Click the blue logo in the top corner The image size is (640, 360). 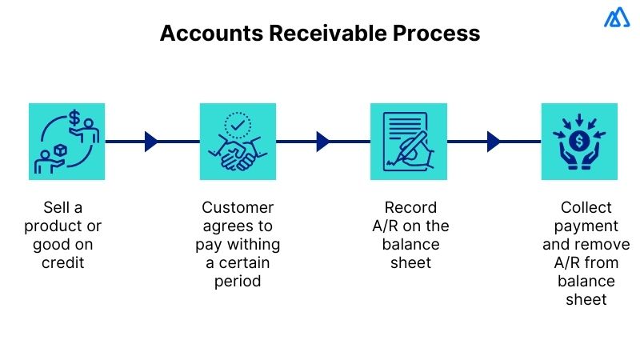pyautogui.click(x=617, y=18)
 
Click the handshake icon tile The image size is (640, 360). pyautogui.click(x=238, y=142)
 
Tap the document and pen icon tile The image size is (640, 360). pyautogui.click(x=409, y=142)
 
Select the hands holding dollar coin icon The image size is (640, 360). pyautogui.click(x=579, y=142)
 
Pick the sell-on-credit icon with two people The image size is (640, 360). pyautogui.click(x=67, y=142)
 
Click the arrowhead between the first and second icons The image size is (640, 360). pyautogui.click(x=151, y=142)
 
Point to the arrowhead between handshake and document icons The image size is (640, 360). pyautogui.click(x=322, y=142)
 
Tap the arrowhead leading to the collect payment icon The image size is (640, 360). pyautogui.click(x=494, y=142)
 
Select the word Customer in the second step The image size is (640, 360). pyautogui.click(x=238, y=207)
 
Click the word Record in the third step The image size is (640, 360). pyautogui.click(x=409, y=207)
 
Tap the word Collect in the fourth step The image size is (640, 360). pyautogui.click(x=579, y=207)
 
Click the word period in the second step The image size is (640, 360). pyautogui.click(x=238, y=281)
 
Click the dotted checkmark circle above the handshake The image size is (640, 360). pyautogui.click(x=238, y=124)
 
